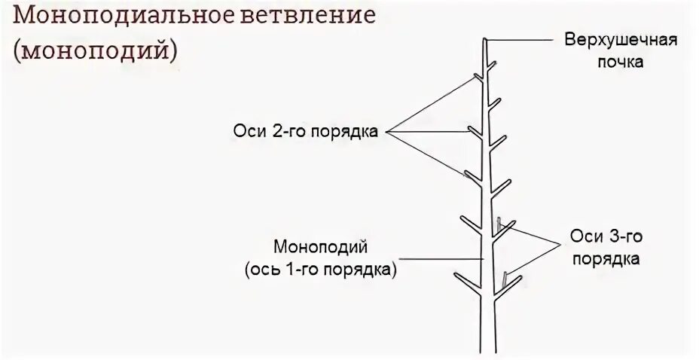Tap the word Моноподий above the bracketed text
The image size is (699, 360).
(320, 246)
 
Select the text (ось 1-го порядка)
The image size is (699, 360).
(320, 270)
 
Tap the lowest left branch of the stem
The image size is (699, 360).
(469, 280)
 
